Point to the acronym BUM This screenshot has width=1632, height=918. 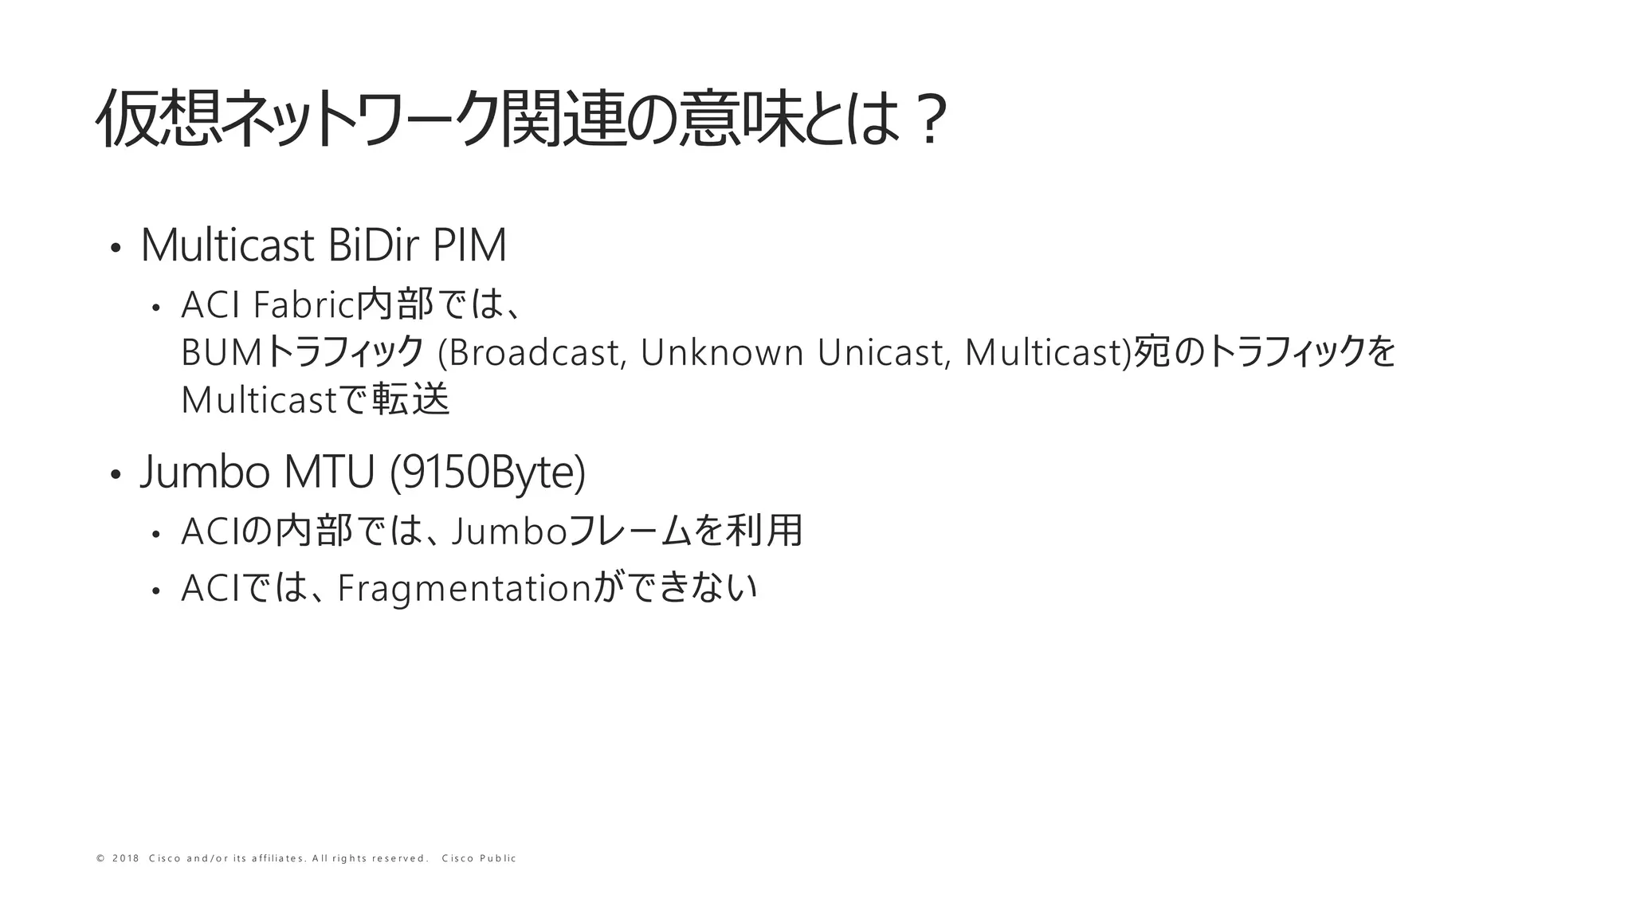[x=221, y=353]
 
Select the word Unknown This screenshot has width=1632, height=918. [x=722, y=353]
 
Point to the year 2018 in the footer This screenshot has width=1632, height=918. [x=126, y=858]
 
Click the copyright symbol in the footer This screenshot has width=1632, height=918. [x=100, y=858]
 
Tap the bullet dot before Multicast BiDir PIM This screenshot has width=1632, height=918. [x=116, y=249]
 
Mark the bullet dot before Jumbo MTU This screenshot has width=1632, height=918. [x=116, y=475]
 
